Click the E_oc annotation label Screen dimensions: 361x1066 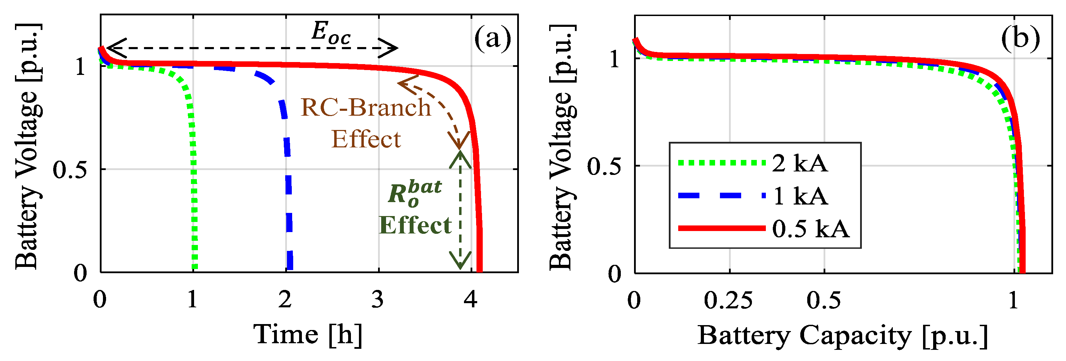(x=331, y=33)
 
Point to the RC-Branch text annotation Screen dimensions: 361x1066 (x=366, y=107)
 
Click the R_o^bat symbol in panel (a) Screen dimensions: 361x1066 (x=414, y=193)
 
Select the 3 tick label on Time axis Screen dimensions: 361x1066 (x=377, y=299)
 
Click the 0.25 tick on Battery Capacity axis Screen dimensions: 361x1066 (x=728, y=300)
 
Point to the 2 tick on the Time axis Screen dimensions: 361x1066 (x=285, y=299)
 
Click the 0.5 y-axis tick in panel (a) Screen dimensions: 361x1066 (x=70, y=170)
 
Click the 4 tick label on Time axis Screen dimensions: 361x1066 (x=471, y=299)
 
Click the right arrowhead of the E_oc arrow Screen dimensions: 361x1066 (x=391, y=48)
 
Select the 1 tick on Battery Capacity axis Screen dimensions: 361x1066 (x=1013, y=300)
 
